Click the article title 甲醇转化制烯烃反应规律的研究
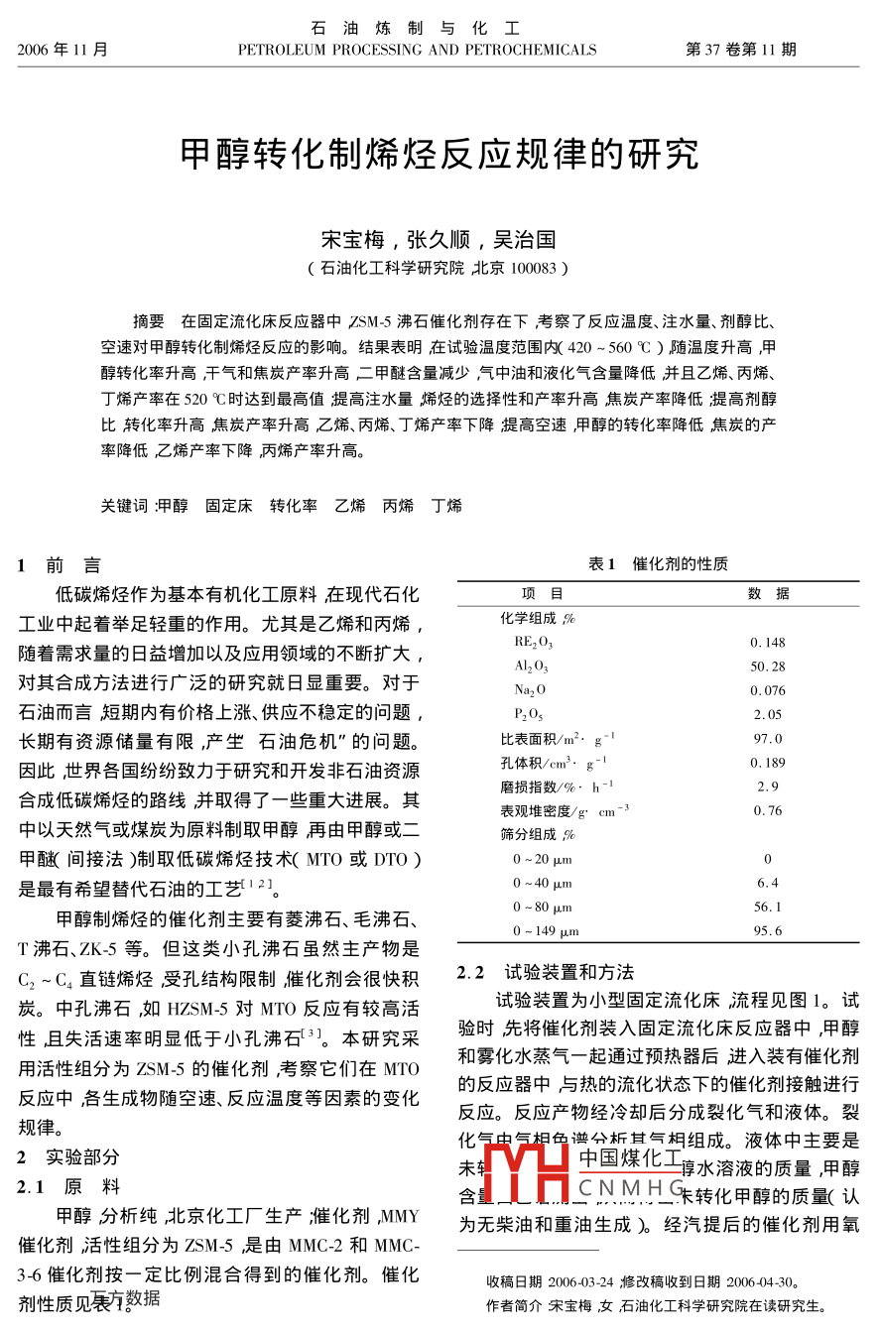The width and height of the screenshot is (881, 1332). point(440,154)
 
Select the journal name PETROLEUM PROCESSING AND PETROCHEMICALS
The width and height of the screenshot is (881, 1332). point(417,50)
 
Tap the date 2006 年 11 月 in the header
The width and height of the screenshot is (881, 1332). point(63,50)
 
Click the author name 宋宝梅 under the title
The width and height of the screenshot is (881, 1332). point(345,239)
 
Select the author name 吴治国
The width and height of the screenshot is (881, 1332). point(533,239)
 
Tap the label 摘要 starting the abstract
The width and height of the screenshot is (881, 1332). point(149,321)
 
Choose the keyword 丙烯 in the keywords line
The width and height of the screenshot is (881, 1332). point(398,506)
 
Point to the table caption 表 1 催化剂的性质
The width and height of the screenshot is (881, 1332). point(658,564)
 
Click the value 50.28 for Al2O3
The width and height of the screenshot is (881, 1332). point(768,666)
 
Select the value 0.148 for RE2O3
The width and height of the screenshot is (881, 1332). point(768,643)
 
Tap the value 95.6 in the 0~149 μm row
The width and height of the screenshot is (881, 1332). point(768,931)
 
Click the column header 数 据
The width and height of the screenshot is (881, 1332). point(769,594)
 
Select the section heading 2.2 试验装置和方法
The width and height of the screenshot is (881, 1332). point(546,972)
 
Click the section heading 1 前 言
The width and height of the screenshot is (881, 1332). point(60,566)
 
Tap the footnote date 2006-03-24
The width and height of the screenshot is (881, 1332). point(580,1281)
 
